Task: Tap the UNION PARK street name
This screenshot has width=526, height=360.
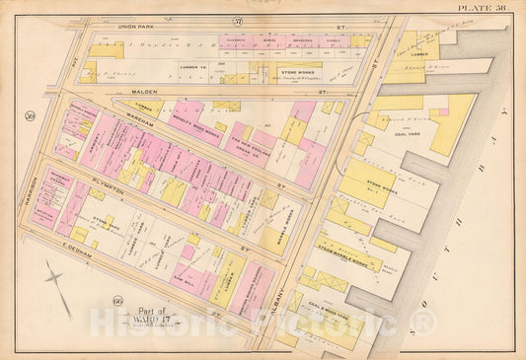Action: [x=146, y=21]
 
